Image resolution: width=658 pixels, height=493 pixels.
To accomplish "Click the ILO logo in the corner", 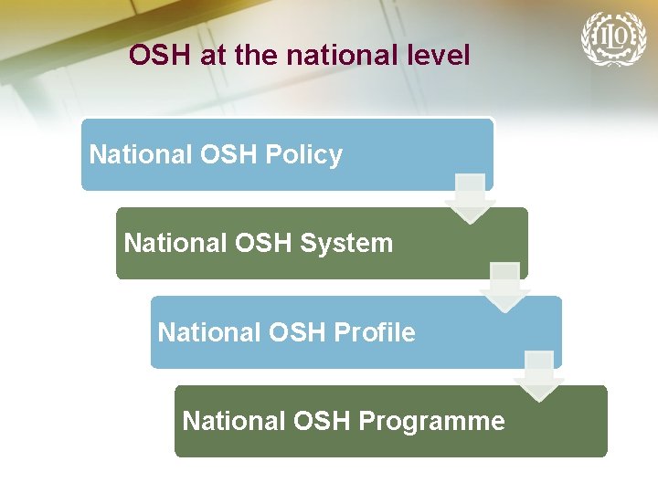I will (x=612, y=38).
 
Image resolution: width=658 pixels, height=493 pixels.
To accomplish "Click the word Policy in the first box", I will (x=304, y=155).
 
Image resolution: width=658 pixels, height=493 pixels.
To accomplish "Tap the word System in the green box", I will (x=351, y=244).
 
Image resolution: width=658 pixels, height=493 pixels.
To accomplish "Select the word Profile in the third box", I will (x=377, y=332).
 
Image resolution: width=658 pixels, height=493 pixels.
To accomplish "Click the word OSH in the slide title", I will (x=159, y=56).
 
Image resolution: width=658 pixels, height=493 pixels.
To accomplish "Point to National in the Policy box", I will (x=135, y=155).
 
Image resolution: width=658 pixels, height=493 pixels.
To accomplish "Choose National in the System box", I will (x=170, y=244).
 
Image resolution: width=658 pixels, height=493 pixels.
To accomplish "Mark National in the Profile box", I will (x=205, y=332).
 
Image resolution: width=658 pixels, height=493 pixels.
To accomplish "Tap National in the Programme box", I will (x=229, y=421).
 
